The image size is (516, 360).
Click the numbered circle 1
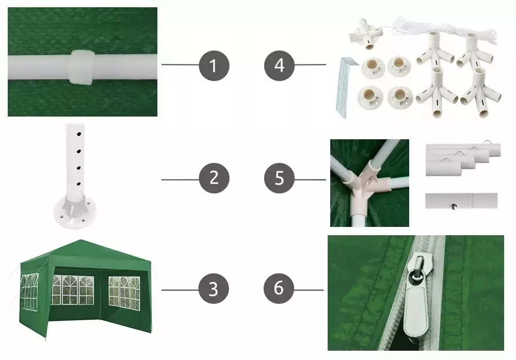(x=214, y=66)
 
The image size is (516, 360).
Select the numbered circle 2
(x=214, y=178)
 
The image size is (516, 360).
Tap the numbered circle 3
(x=214, y=289)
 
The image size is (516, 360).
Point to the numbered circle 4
(x=279, y=66)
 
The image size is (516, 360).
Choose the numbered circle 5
(x=279, y=178)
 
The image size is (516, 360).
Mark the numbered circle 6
(x=279, y=288)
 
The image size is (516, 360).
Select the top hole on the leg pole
(x=79, y=134)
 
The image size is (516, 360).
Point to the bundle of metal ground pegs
(x=345, y=87)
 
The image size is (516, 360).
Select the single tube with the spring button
(x=461, y=201)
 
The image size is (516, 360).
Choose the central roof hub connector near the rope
(x=365, y=35)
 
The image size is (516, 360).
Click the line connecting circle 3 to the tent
(x=180, y=290)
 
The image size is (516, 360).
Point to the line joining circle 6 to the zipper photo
(x=309, y=290)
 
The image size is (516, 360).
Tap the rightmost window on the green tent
(x=124, y=293)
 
